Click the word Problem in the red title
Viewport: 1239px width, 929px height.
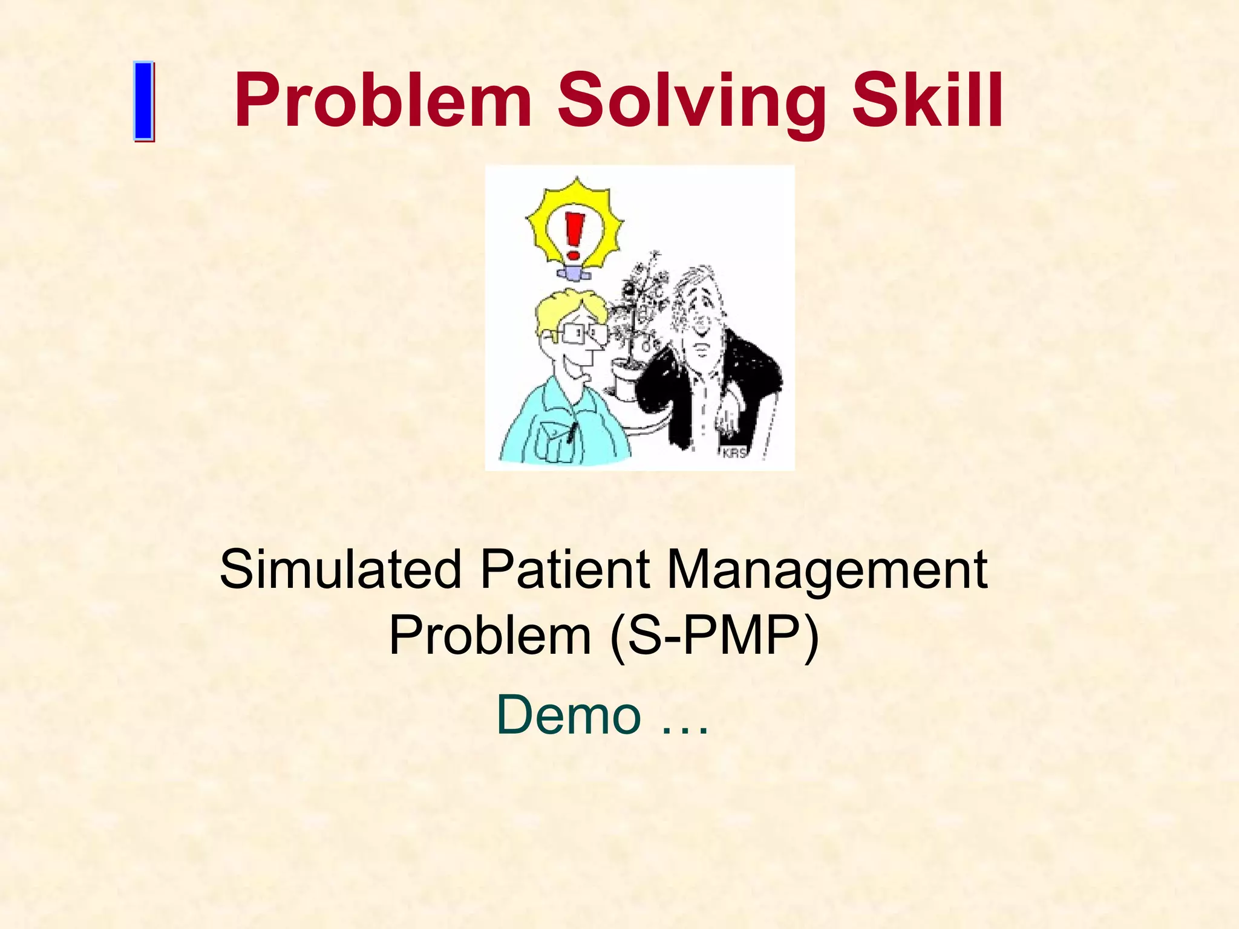coord(382,100)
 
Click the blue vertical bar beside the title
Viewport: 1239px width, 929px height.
coord(143,102)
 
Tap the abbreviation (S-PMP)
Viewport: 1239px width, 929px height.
coord(714,636)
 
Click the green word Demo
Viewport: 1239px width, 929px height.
coord(569,715)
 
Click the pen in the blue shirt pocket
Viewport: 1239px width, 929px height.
coord(570,432)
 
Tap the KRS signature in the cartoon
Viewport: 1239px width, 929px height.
coord(734,454)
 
